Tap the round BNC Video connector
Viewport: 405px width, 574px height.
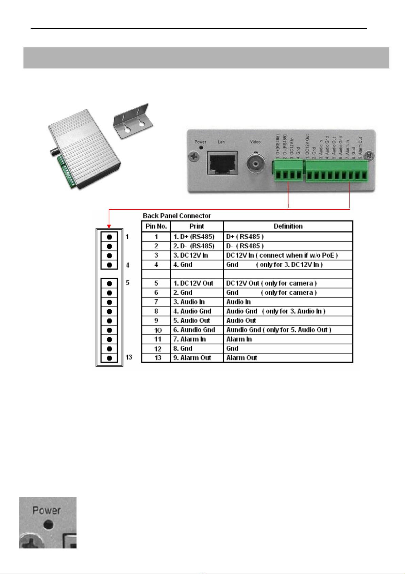click(255, 163)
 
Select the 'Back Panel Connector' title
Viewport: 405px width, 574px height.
click(176, 216)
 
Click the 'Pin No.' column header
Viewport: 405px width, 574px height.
click(156, 226)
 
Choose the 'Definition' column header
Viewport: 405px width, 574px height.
click(288, 226)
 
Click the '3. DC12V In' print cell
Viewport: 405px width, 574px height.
click(191, 255)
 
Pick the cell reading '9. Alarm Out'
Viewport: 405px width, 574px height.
click(192, 358)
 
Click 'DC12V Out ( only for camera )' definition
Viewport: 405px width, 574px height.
click(271, 283)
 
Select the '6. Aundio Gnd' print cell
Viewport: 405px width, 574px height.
click(194, 330)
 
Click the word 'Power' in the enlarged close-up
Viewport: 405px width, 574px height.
click(47, 510)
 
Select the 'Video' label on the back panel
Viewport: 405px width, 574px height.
click(255, 142)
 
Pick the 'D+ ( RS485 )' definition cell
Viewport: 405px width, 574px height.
click(245, 236)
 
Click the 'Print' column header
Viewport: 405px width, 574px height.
click(197, 226)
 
